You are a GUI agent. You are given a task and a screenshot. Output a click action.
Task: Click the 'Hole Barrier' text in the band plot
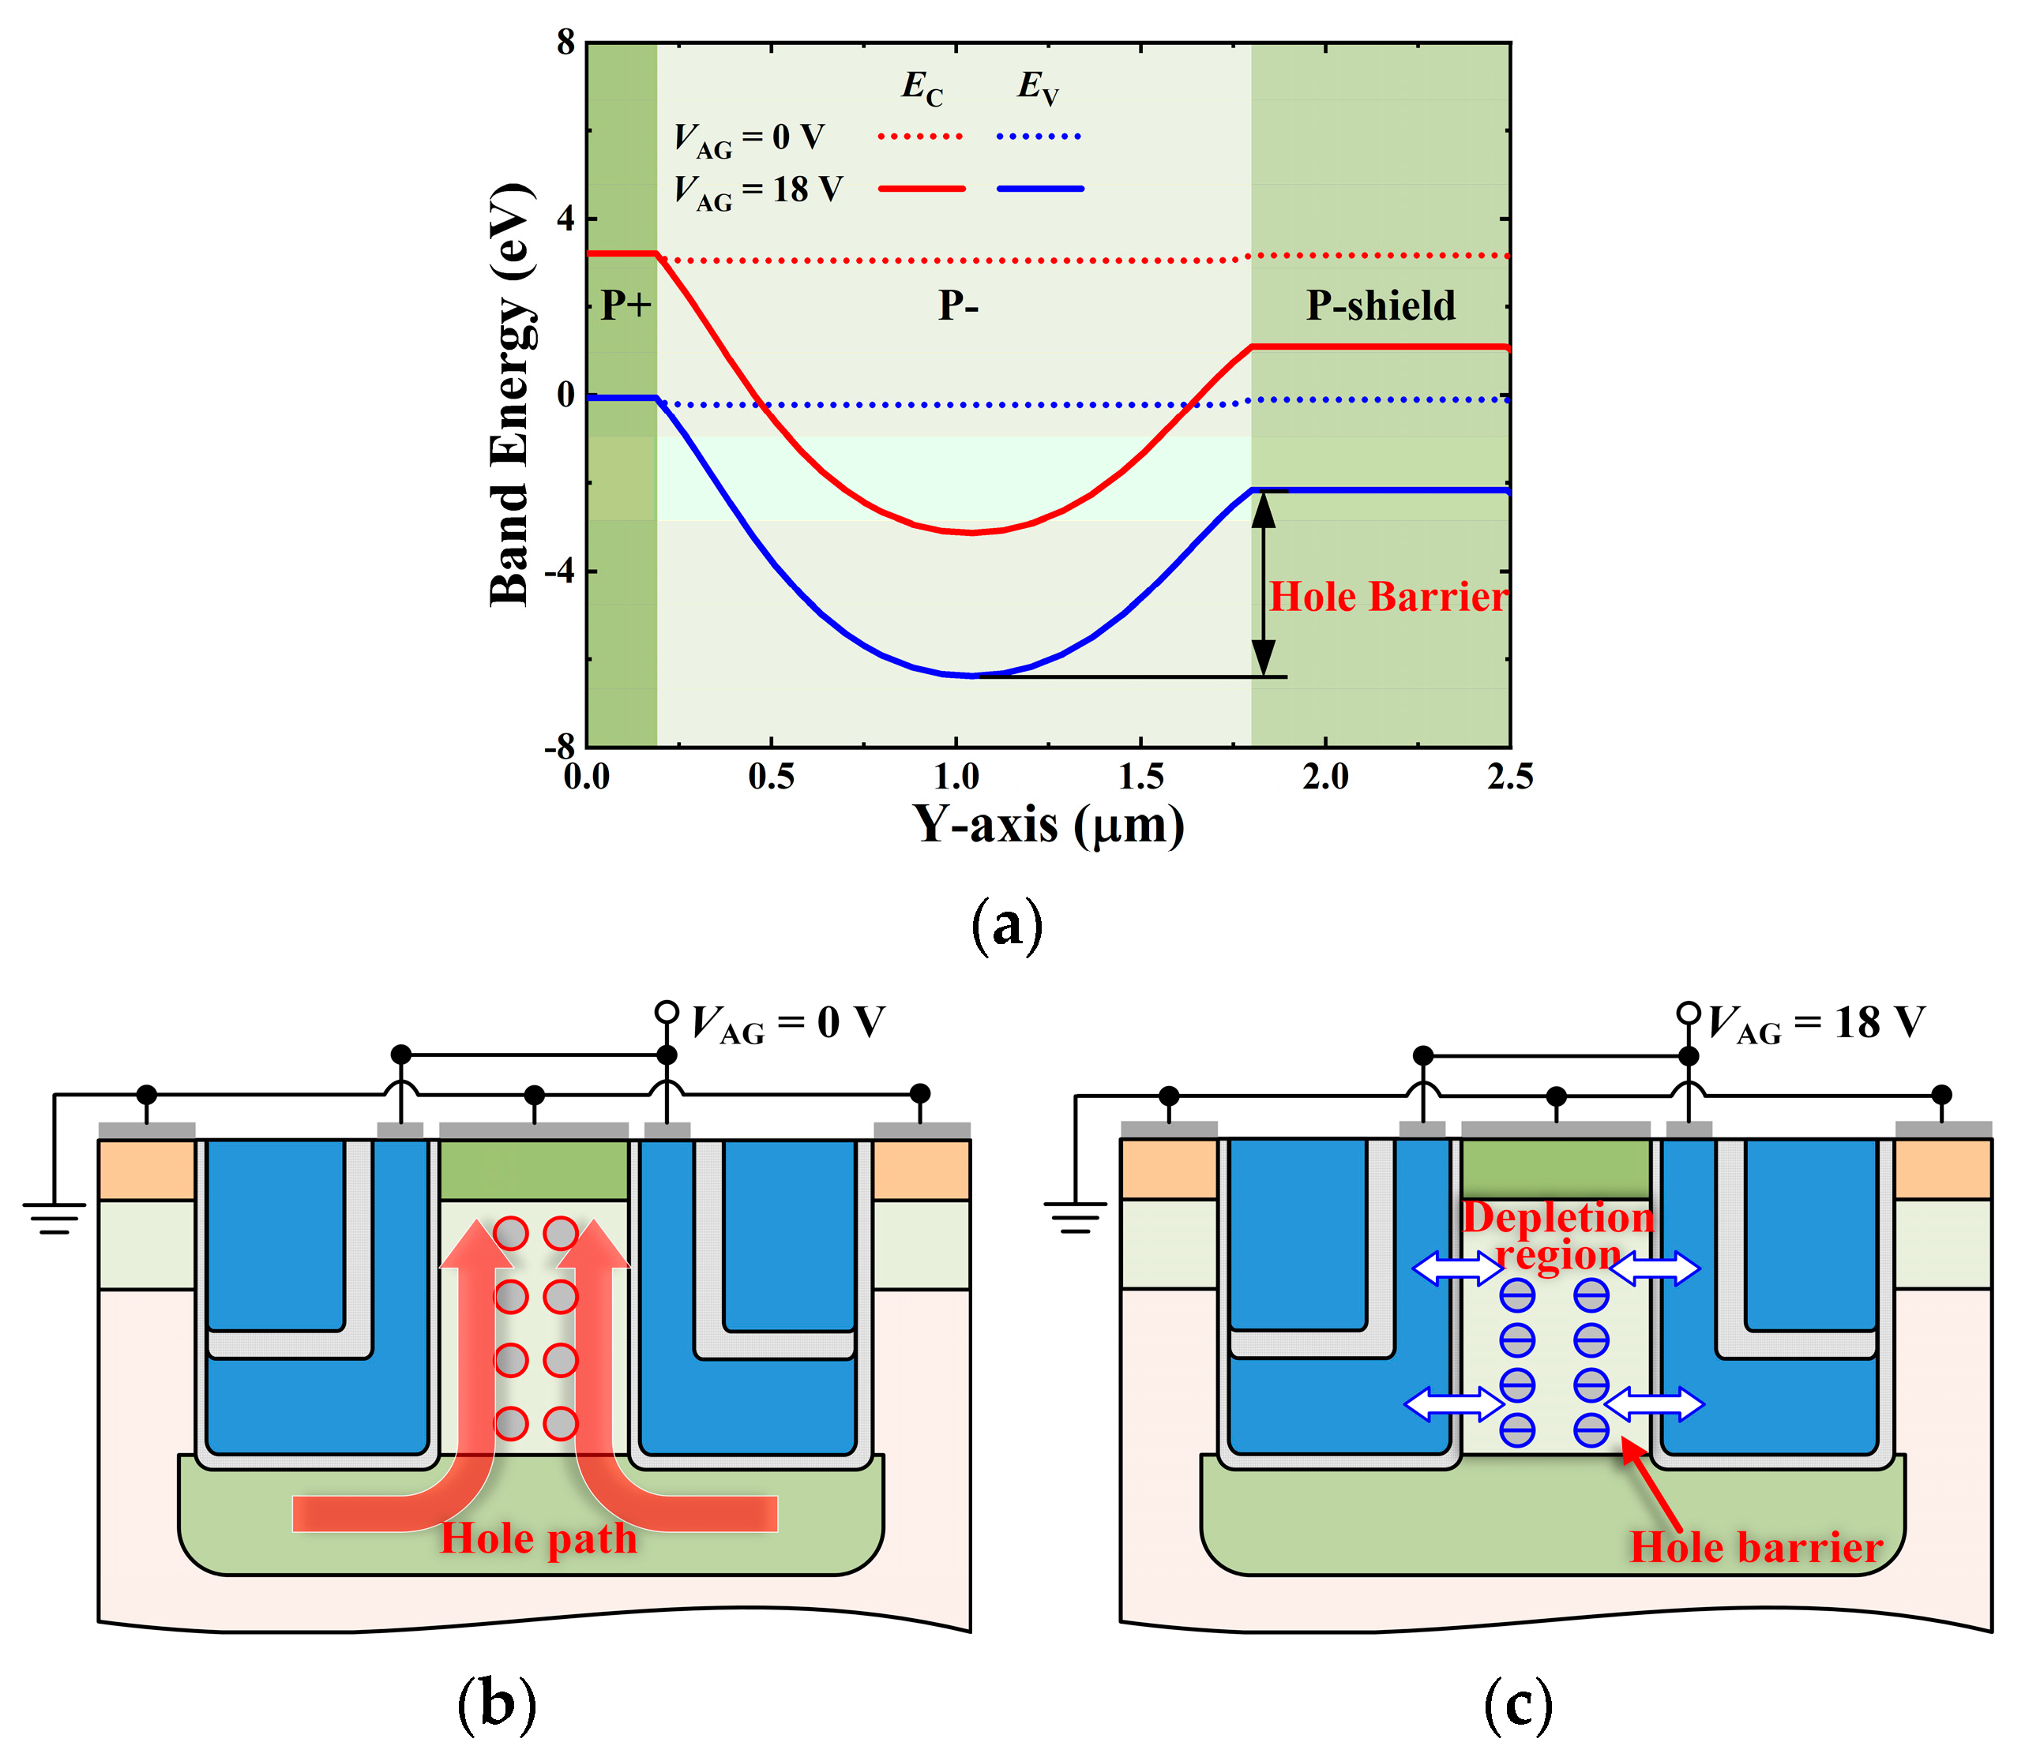pyautogui.click(x=1387, y=597)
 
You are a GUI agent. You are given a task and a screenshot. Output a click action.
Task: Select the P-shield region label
pyautogui.click(x=1381, y=305)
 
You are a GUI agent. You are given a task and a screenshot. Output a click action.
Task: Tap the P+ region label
pyautogui.click(x=626, y=305)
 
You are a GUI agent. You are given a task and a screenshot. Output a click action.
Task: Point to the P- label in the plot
pyautogui.click(x=957, y=305)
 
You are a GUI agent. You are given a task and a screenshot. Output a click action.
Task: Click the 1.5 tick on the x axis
pyautogui.click(x=1140, y=777)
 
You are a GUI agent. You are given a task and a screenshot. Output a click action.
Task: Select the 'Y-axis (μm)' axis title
pyautogui.click(x=1048, y=823)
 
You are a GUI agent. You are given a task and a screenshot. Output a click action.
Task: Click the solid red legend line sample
pyautogui.click(x=921, y=188)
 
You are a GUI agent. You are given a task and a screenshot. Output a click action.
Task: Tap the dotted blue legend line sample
pyautogui.click(x=1039, y=136)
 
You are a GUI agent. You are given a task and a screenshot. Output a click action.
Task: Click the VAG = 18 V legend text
pyautogui.click(x=758, y=189)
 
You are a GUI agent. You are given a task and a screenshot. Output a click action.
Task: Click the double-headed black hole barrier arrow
pyautogui.click(x=1263, y=583)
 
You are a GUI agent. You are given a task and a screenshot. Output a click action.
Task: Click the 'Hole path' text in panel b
pyautogui.click(x=539, y=1538)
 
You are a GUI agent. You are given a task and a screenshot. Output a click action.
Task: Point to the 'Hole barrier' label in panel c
pyautogui.click(x=1756, y=1547)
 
